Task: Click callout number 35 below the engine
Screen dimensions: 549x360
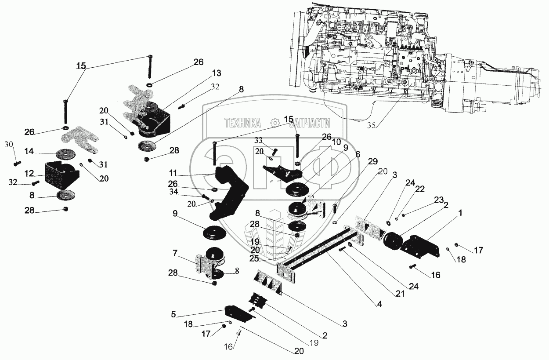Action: coord(371,125)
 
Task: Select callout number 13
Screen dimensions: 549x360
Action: coord(217,73)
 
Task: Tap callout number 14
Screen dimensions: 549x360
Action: coord(29,151)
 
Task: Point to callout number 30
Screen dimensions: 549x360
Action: coord(9,145)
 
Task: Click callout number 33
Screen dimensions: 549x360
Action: coord(258,140)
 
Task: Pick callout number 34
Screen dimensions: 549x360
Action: coord(173,192)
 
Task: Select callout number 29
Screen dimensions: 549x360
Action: coord(373,161)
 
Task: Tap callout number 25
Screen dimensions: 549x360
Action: coord(254,258)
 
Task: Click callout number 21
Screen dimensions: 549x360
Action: coord(400,294)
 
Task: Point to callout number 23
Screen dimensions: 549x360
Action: coord(439,200)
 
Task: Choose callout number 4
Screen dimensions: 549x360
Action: coord(379,304)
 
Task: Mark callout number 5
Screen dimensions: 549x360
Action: coord(173,314)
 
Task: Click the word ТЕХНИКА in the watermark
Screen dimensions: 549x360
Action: coord(242,123)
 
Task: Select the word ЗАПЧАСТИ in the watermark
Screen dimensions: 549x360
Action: coord(310,124)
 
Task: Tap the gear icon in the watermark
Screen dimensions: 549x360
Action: coord(275,123)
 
